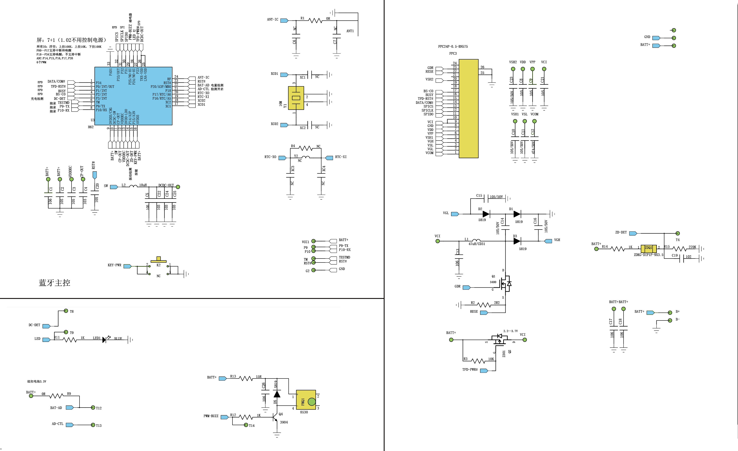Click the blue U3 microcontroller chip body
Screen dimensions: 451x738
tap(133, 96)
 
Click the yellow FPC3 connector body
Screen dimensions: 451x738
tap(469, 108)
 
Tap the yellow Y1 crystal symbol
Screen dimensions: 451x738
tap(296, 98)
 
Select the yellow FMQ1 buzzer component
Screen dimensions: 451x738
tap(306, 400)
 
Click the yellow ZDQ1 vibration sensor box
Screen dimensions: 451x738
tap(648, 248)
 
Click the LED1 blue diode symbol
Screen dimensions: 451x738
tap(104, 340)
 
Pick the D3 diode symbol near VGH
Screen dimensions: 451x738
tap(517, 241)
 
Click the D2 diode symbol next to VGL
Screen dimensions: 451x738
tap(486, 214)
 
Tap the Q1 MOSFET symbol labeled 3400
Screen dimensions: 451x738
tap(506, 284)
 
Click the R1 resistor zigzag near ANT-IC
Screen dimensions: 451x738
tap(315, 21)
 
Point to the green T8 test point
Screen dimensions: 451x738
tap(66, 311)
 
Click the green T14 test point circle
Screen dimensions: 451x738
tap(246, 425)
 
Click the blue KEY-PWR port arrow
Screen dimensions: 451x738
tap(127, 266)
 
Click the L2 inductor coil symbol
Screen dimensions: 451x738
tap(133, 186)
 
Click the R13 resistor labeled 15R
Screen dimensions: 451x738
tap(246, 378)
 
